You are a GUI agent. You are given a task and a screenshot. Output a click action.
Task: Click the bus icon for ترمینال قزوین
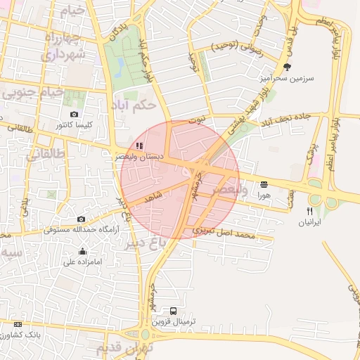[174, 310]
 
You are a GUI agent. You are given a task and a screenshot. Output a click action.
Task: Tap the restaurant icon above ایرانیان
[309, 211]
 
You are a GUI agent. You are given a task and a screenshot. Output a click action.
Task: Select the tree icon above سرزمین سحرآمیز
[286, 67]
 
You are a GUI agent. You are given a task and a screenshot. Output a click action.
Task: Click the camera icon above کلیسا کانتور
[75, 114]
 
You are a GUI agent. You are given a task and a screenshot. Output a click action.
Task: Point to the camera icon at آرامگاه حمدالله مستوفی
[81, 219]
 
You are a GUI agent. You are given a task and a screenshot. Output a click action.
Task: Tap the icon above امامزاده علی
[83, 252]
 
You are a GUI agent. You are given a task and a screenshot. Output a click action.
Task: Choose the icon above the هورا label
[264, 184]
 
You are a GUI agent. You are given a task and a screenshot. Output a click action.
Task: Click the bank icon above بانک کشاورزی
[18, 324]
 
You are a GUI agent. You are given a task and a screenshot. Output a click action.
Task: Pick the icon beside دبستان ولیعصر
[140, 146]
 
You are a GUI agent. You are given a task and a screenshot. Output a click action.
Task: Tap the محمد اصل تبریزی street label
[222, 232]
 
